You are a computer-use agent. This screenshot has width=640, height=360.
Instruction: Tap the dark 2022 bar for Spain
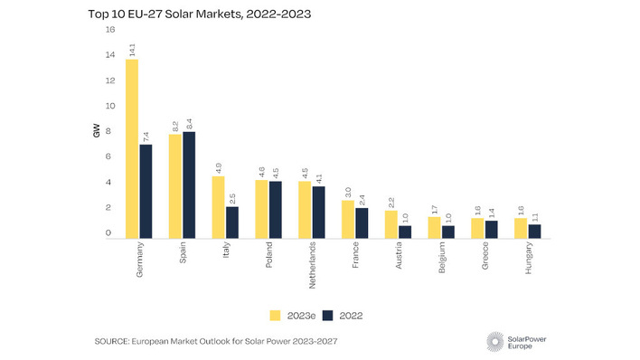(189, 185)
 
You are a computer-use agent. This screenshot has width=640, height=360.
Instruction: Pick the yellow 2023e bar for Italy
(218, 207)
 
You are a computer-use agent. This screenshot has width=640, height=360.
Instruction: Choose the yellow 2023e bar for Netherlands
(305, 210)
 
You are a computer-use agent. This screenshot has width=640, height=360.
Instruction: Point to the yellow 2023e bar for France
(348, 220)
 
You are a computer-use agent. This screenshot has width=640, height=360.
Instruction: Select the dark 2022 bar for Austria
(405, 232)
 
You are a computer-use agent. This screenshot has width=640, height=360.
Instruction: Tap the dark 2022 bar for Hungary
(534, 232)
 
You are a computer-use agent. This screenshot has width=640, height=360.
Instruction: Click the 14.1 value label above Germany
(132, 49)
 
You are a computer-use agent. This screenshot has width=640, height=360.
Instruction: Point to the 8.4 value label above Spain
(189, 122)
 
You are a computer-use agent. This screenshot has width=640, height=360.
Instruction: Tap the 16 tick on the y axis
(110, 29)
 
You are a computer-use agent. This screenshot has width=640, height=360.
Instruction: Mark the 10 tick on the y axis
(110, 106)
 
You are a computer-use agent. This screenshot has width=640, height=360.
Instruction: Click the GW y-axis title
(97, 132)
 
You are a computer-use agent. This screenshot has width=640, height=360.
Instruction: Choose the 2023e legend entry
(290, 315)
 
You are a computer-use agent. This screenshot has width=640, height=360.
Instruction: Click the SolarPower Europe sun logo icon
(495, 341)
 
